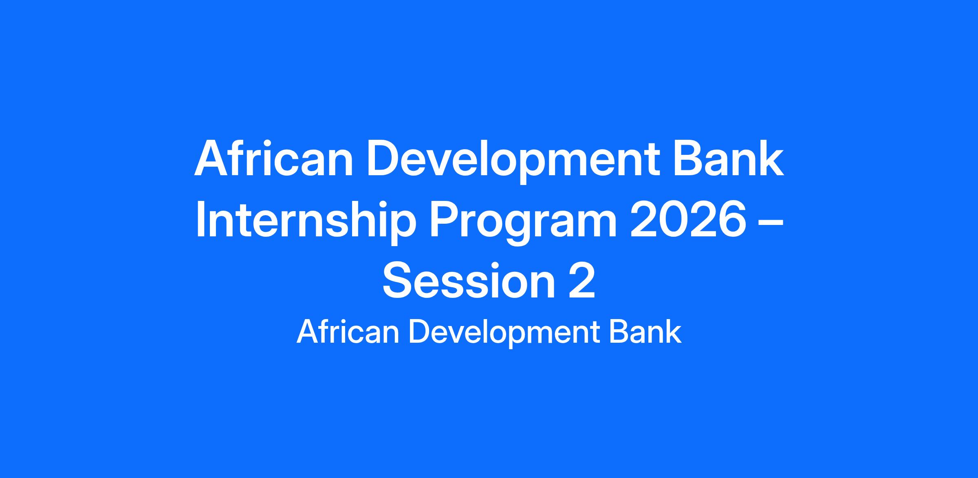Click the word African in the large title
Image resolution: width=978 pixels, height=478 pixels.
[x=273, y=159]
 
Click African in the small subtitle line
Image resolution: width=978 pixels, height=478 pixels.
[x=348, y=332]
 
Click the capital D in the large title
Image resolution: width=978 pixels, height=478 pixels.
[x=385, y=158]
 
